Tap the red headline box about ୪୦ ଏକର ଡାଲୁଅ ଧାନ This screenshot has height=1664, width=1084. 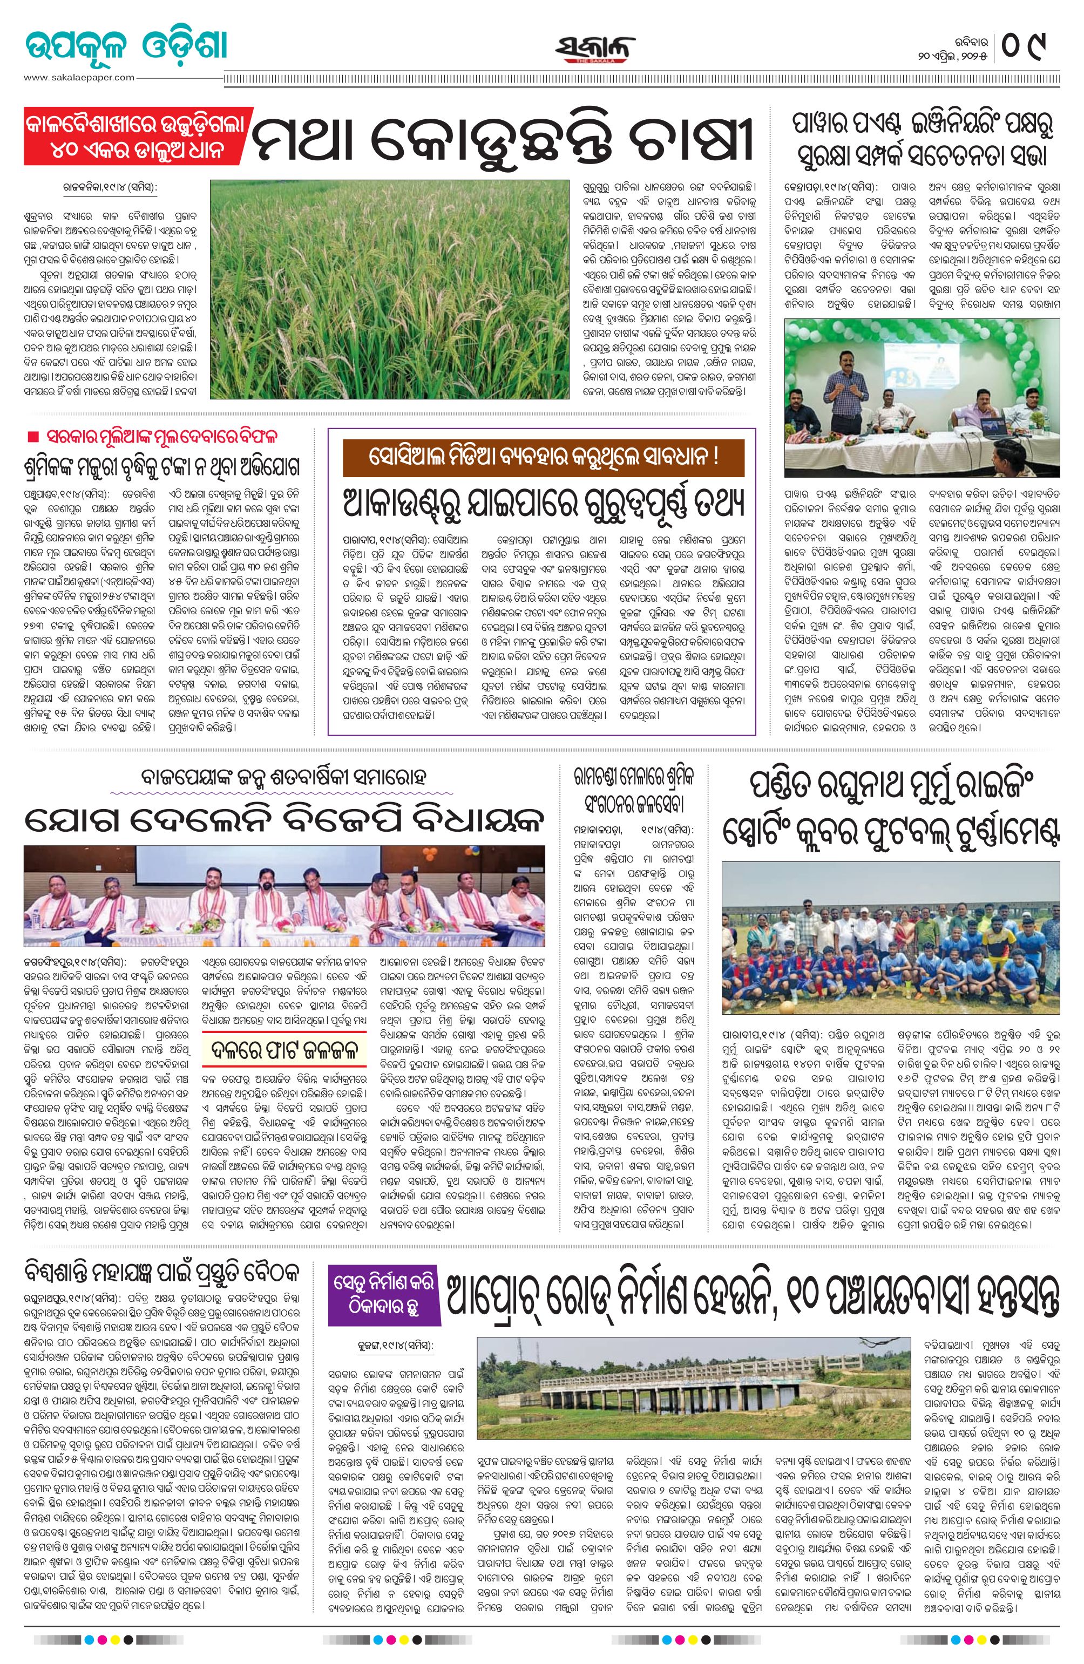(x=134, y=138)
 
